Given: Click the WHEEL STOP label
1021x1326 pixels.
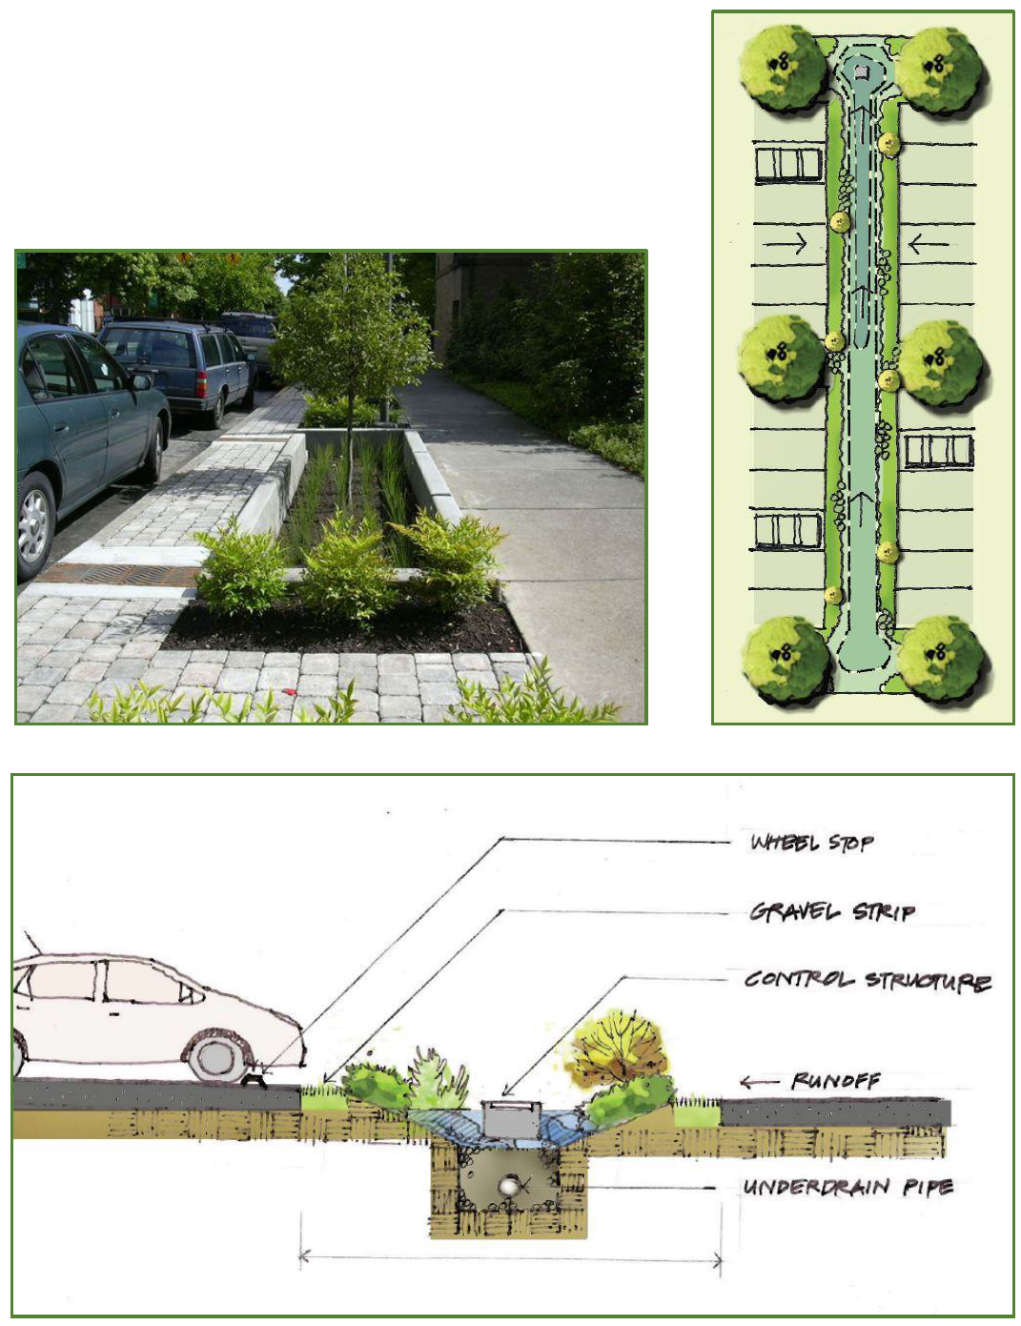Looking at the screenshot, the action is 811,843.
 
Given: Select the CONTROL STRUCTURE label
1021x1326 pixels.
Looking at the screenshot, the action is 868,981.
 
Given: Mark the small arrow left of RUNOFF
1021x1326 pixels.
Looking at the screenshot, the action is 759,1082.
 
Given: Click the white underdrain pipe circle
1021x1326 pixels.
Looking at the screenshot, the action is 508,1187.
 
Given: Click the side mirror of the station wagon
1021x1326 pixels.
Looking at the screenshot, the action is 141,381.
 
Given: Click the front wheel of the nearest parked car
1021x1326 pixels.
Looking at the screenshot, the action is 33,525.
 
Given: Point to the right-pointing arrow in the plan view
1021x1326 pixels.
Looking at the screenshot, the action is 785,244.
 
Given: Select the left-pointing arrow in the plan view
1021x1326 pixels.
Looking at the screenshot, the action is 929,244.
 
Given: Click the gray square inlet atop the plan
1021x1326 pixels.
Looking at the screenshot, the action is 861,72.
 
